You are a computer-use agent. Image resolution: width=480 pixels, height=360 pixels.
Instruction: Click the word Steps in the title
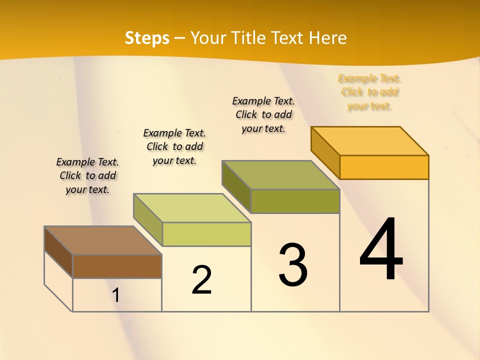[x=147, y=38]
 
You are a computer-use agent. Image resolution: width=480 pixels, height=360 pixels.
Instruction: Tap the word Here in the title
[x=327, y=38]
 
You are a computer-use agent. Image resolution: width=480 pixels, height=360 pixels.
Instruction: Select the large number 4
[x=381, y=249]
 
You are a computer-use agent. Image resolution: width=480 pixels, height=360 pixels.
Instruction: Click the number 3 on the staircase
[x=293, y=264]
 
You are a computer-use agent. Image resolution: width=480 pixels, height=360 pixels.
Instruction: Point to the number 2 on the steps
[x=201, y=280]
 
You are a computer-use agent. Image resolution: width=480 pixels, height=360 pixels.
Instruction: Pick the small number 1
[x=116, y=295]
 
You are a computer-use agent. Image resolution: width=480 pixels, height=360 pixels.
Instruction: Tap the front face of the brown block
[x=117, y=266]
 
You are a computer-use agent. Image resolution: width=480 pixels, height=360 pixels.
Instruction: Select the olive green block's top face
[x=280, y=175]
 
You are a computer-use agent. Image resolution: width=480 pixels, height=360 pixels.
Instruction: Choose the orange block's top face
[x=369, y=141]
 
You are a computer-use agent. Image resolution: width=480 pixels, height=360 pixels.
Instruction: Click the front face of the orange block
[x=384, y=167]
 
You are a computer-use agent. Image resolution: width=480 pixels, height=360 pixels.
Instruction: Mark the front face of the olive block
[x=295, y=201]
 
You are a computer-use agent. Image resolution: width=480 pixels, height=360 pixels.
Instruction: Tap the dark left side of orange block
[x=325, y=152]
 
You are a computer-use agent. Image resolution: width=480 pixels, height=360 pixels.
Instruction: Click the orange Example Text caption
[x=369, y=92]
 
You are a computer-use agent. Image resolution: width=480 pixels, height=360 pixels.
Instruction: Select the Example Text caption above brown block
[x=87, y=175]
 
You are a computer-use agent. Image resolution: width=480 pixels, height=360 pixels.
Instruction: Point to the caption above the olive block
[x=263, y=114]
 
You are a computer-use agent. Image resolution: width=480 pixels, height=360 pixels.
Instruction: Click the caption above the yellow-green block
[x=174, y=146]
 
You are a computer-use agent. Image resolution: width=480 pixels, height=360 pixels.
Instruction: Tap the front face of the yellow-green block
[x=206, y=234]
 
